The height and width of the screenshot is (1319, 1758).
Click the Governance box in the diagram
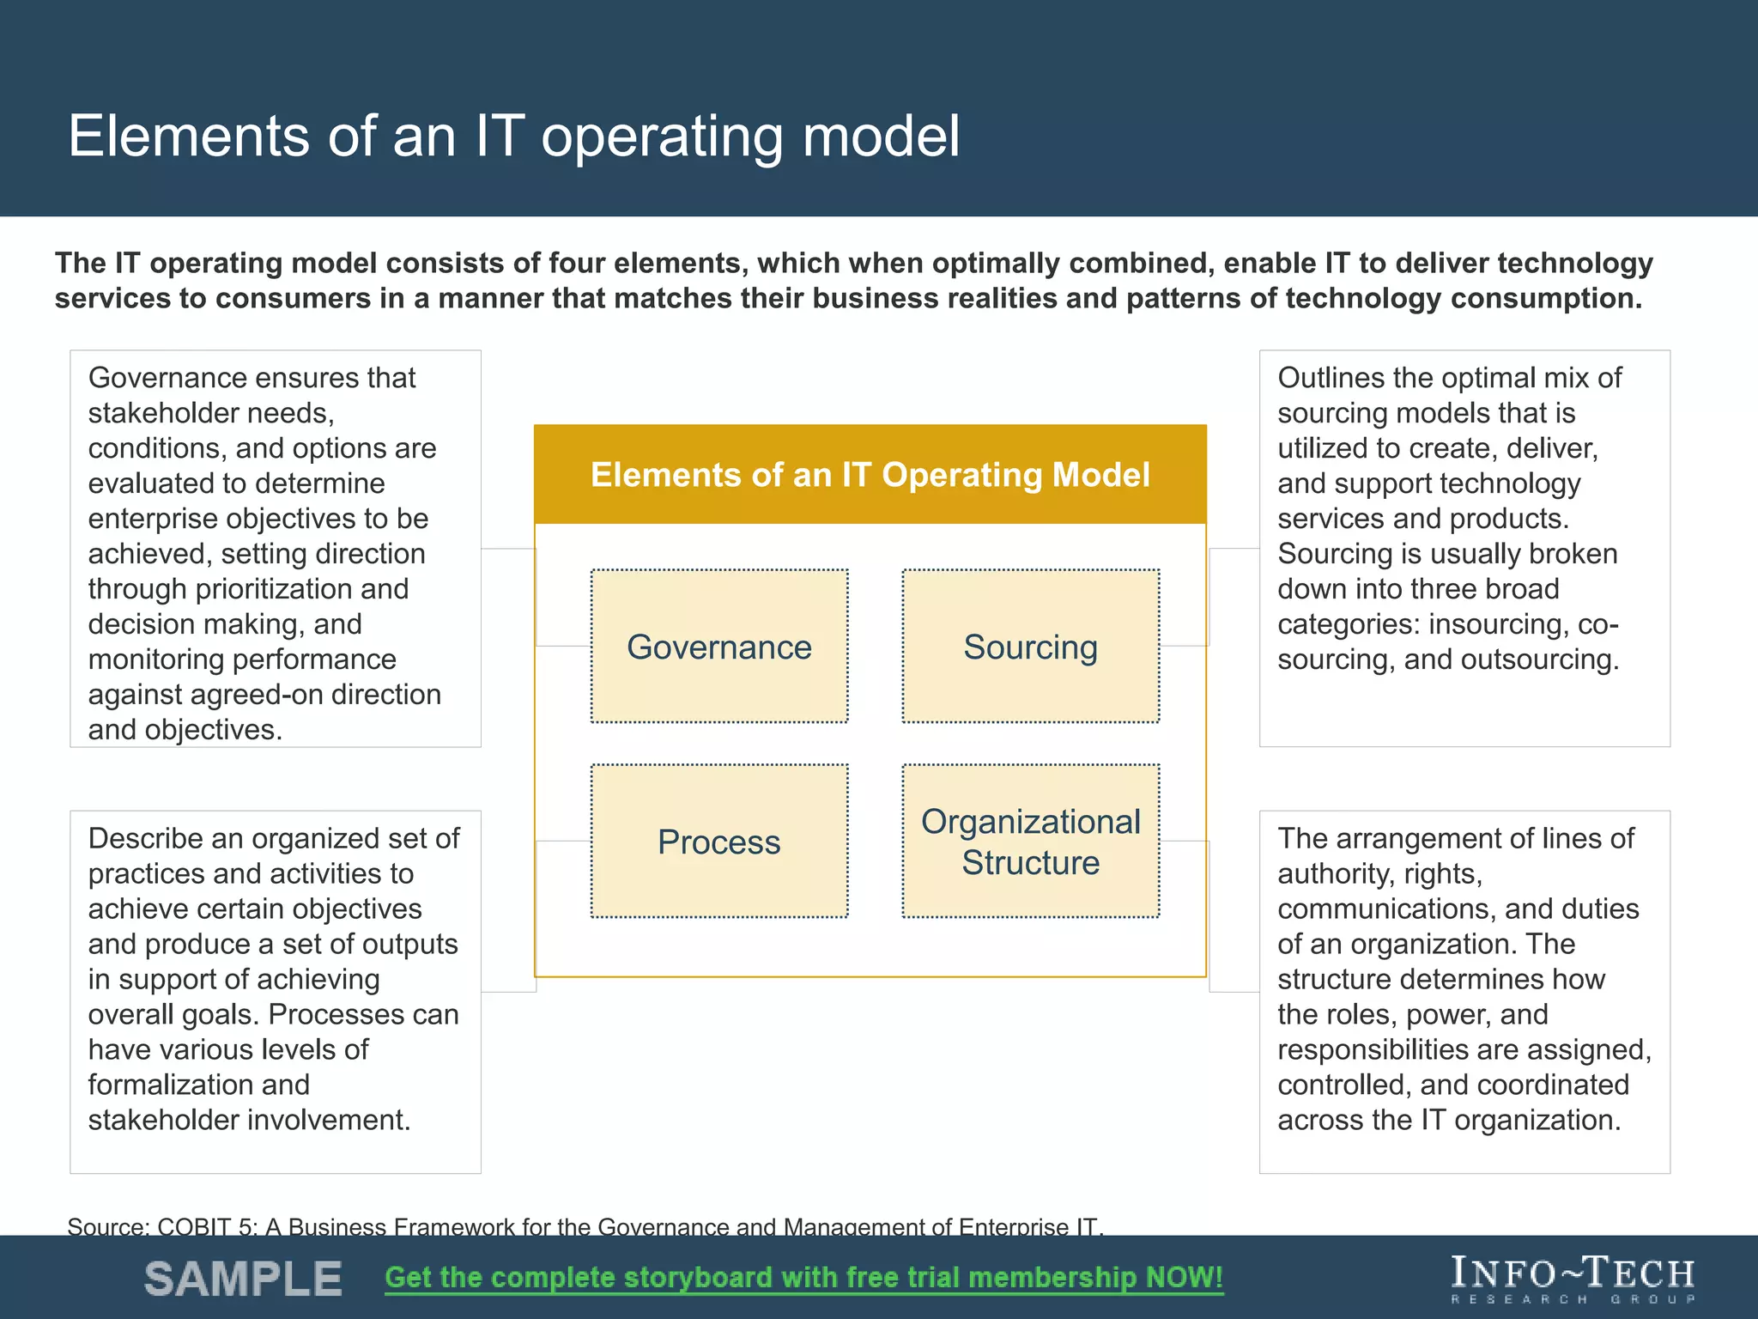click(719, 647)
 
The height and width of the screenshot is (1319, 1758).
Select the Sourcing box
click(1030, 647)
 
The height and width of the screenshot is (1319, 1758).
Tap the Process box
click(719, 842)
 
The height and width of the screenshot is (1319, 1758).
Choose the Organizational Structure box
click(1030, 842)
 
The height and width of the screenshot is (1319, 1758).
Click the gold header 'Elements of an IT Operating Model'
click(870, 475)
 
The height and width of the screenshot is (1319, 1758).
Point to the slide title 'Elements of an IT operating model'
click(513, 136)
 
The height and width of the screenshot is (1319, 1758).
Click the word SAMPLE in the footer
click(243, 1279)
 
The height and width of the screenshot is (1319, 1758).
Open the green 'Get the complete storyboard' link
click(803, 1278)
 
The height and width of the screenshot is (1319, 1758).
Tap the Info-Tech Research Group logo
click(1573, 1279)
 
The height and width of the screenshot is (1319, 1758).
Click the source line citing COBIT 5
click(585, 1226)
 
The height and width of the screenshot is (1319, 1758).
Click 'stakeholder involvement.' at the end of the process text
click(249, 1120)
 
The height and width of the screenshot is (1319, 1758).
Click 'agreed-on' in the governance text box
click(256, 695)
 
